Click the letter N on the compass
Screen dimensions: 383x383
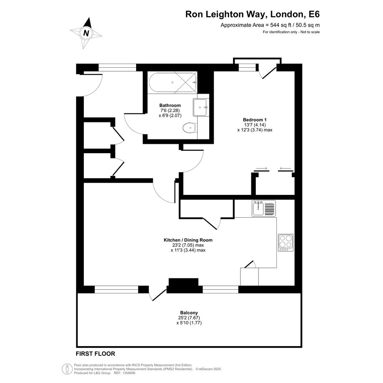[86, 33]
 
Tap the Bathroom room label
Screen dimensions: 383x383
[170, 105]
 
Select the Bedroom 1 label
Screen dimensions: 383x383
[255, 120]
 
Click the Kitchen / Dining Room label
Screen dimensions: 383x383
[188, 240]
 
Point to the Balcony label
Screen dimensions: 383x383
[189, 312]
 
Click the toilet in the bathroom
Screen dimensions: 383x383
[190, 128]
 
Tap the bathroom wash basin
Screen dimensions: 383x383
[201, 107]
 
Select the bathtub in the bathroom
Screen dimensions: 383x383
[173, 83]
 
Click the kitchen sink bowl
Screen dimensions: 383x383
[258, 209]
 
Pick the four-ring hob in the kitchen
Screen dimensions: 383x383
[286, 242]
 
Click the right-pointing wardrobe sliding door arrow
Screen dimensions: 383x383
[261, 168]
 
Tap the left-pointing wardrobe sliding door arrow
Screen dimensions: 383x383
[286, 168]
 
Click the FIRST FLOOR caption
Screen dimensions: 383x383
[95, 354]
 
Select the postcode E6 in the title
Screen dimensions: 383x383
[314, 14]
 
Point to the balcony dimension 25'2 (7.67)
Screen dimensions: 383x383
[189, 318]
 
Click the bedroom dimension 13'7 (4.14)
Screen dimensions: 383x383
[255, 125]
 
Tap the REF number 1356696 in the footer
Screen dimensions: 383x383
[128, 373]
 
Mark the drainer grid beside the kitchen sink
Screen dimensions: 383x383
[270, 209]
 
